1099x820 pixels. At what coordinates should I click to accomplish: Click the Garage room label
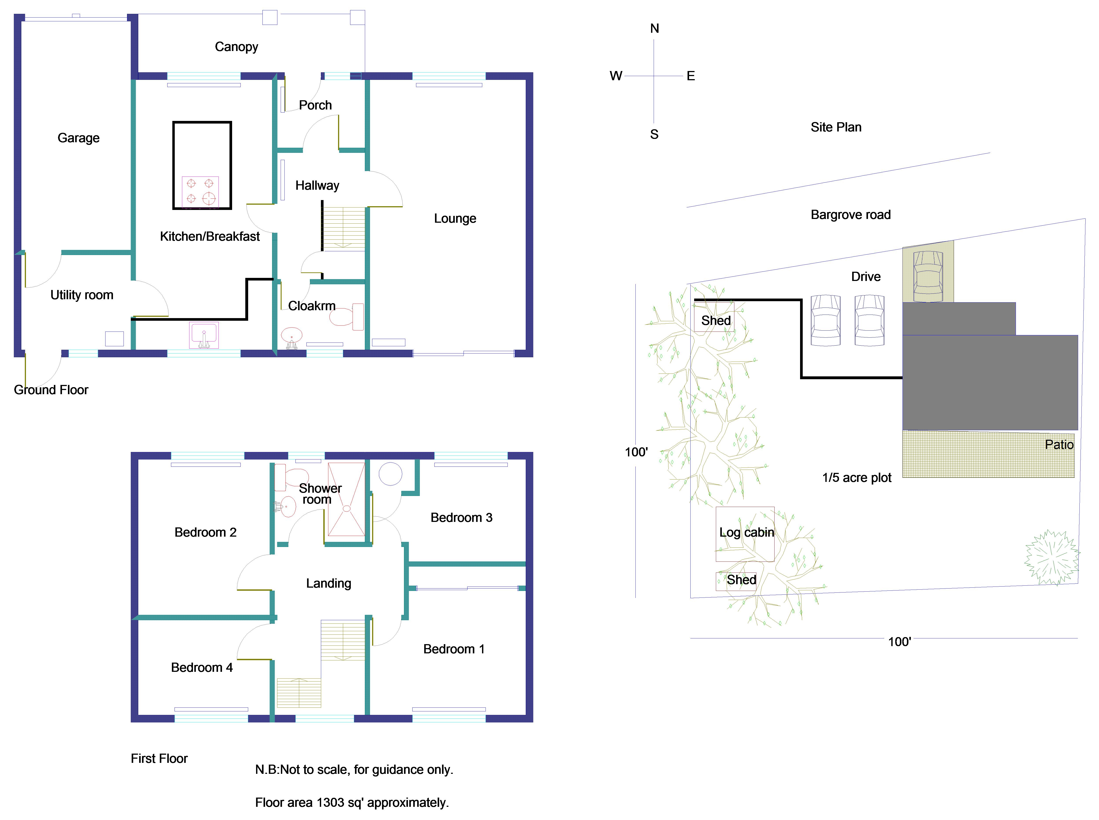pyautogui.click(x=78, y=138)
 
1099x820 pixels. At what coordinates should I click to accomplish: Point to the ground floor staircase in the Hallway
pyautogui.click(x=343, y=227)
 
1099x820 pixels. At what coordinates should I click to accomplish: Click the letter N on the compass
pyautogui.click(x=654, y=29)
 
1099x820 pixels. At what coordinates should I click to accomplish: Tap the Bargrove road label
pyautogui.click(x=850, y=215)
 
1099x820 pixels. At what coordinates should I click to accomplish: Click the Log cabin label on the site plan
pyautogui.click(x=746, y=533)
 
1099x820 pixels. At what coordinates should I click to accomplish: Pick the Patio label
pyautogui.click(x=1059, y=445)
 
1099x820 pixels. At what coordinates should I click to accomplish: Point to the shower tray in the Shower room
pyautogui.click(x=346, y=499)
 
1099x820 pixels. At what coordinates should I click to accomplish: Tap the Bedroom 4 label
pyautogui.click(x=201, y=668)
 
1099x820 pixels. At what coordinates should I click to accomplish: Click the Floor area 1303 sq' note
pyautogui.click(x=352, y=803)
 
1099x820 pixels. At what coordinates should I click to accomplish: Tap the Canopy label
pyautogui.click(x=236, y=47)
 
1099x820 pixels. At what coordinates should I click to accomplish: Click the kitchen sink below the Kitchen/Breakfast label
pyautogui.click(x=204, y=335)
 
